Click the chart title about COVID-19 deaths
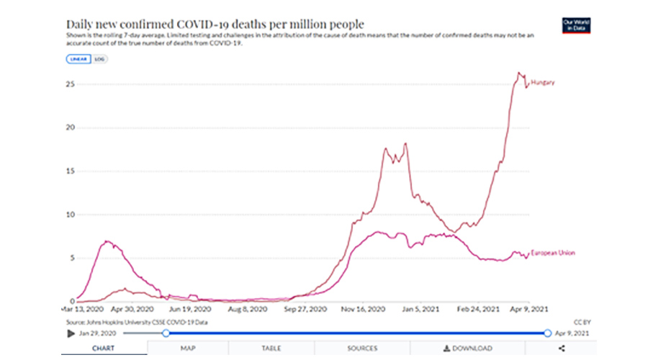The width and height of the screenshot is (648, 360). [215, 24]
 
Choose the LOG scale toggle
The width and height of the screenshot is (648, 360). [99, 58]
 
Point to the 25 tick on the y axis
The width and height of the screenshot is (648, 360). [70, 84]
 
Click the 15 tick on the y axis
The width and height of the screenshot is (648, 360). [70, 171]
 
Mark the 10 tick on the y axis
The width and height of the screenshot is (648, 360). [70, 215]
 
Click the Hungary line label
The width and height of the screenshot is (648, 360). [544, 83]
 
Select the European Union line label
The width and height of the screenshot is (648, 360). [553, 253]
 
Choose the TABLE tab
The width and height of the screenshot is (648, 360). [271, 348]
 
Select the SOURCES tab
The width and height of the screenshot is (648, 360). [361, 348]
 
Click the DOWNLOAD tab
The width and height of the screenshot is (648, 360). [468, 348]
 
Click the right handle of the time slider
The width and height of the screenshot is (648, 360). [547, 333]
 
